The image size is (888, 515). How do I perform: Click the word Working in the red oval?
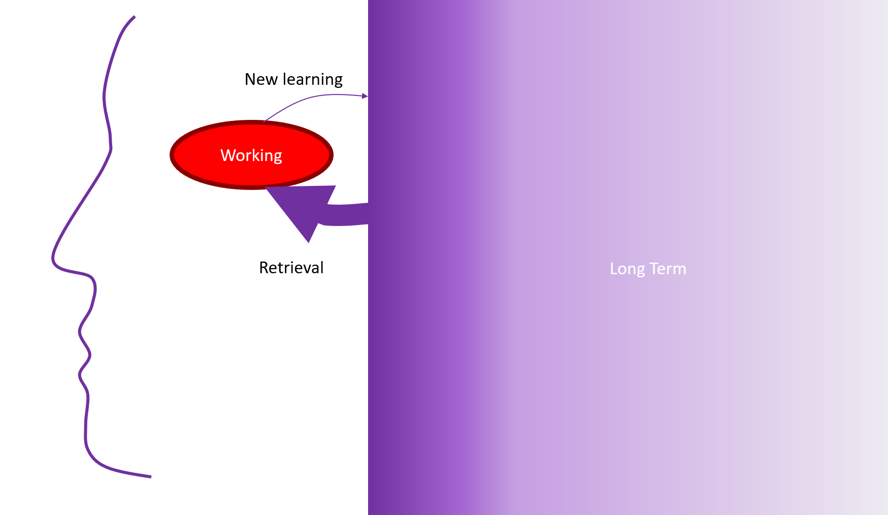251,155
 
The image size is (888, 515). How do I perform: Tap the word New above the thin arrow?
260,79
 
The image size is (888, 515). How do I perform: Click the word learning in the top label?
312,80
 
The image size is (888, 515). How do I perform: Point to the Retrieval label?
291,268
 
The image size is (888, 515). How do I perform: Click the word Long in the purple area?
627,269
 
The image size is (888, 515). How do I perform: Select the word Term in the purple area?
668,269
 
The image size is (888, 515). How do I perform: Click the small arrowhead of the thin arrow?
365,95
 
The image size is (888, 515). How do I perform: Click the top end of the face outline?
134,17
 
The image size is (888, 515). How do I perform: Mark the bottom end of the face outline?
150,476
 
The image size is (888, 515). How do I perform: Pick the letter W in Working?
226,155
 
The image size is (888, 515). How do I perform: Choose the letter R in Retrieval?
264,268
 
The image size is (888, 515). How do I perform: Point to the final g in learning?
338,81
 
